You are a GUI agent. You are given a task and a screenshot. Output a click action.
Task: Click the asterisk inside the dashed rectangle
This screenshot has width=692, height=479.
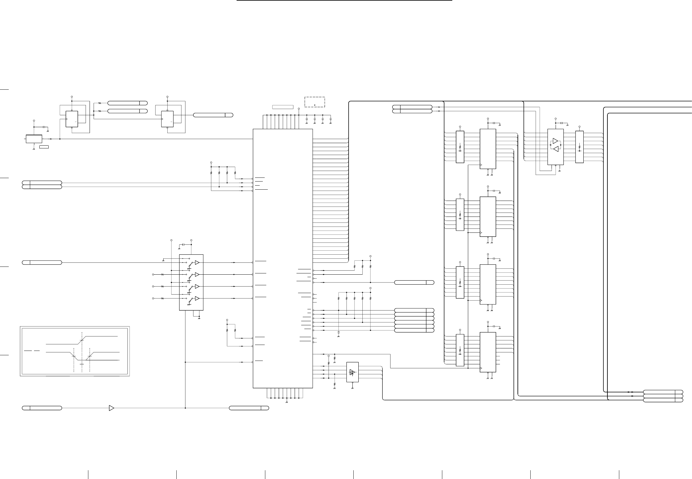click(315, 104)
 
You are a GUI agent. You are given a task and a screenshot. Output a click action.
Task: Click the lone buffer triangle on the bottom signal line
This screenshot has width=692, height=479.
click(111, 408)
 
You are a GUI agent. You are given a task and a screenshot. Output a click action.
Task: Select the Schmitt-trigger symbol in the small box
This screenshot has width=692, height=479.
click(352, 372)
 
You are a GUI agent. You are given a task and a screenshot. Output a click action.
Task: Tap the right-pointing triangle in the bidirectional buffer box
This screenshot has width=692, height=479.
click(555, 141)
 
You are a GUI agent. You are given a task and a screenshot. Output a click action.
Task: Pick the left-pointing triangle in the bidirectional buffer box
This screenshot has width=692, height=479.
click(556, 149)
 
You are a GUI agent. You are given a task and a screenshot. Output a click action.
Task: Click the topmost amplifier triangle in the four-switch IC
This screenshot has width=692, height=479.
click(197, 263)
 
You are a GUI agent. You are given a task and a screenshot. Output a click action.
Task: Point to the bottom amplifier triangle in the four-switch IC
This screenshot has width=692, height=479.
click(197, 298)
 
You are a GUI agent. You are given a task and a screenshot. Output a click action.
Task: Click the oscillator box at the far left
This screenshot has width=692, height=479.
click(34, 139)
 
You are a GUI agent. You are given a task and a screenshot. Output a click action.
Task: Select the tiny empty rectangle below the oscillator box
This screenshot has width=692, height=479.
click(44, 147)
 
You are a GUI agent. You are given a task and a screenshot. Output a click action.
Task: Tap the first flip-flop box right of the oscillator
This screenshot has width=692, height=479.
click(72, 119)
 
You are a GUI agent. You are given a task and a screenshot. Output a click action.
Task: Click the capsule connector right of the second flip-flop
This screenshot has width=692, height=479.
click(213, 115)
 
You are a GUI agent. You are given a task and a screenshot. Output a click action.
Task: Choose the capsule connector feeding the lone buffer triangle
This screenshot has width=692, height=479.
click(42, 408)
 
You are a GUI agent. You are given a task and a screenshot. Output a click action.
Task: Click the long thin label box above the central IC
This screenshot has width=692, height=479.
click(283, 107)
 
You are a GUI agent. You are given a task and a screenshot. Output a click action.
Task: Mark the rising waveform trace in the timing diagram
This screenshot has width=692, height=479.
click(82, 340)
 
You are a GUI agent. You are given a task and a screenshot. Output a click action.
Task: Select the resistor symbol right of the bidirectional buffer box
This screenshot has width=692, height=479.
click(579, 147)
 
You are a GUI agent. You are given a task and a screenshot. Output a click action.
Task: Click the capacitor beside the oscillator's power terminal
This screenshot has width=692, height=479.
click(44, 127)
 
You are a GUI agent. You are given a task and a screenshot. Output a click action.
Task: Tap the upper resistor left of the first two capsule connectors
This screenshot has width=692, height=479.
click(100, 103)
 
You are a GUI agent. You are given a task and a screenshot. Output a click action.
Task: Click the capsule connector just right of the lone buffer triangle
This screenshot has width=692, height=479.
click(249, 408)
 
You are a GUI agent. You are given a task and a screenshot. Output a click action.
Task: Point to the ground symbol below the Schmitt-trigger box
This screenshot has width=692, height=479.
click(352, 387)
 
